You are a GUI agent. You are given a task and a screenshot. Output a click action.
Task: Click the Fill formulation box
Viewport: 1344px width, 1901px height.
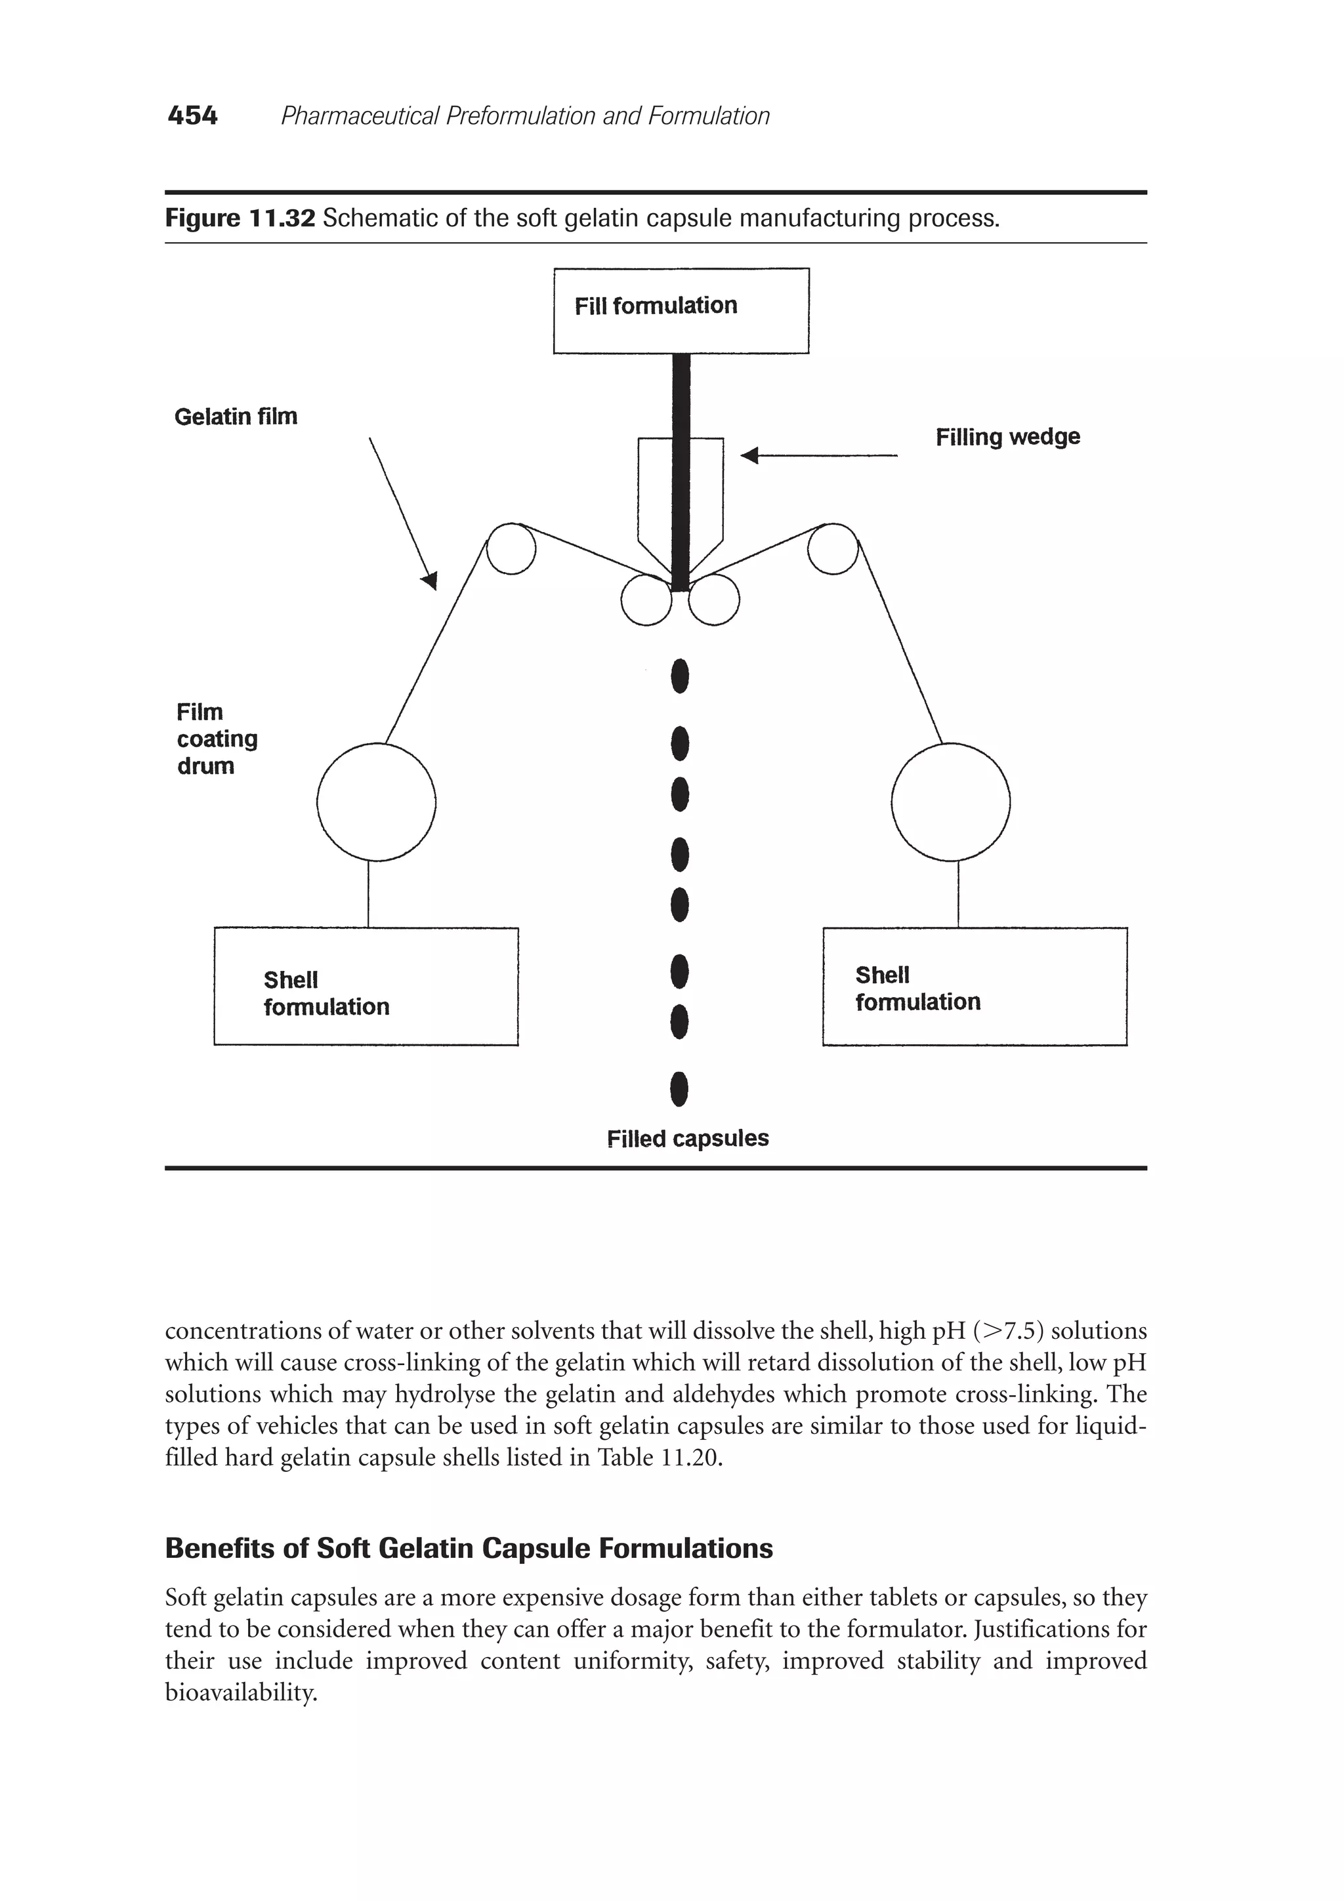[681, 310]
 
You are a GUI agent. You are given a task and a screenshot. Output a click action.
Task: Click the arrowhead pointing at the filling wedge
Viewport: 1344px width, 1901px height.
[749, 455]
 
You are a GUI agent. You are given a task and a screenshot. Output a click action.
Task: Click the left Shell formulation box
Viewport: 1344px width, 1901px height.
[366, 986]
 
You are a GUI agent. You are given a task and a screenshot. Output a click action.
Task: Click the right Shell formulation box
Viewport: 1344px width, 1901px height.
[974, 986]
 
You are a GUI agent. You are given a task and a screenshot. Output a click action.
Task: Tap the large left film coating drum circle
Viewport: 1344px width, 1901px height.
[376, 802]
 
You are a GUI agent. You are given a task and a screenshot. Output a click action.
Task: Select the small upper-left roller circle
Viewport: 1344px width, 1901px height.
[511, 549]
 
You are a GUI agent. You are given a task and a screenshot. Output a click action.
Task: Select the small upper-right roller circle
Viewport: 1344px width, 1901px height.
[832, 549]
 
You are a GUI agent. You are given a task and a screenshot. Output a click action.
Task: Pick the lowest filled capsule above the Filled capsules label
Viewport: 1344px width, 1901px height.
[679, 1089]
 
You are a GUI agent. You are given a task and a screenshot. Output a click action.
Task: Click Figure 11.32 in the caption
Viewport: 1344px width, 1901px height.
[240, 218]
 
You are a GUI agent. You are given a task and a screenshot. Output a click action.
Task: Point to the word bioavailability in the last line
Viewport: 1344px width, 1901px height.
[240, 1693]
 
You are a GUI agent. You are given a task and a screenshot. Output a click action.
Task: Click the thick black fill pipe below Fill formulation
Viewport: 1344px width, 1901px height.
[681, 472]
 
